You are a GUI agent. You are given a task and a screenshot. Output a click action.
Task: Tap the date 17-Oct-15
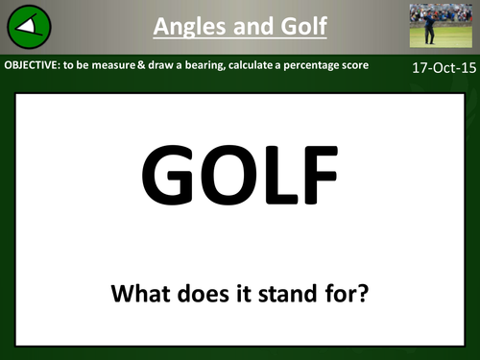coord(438,70)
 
